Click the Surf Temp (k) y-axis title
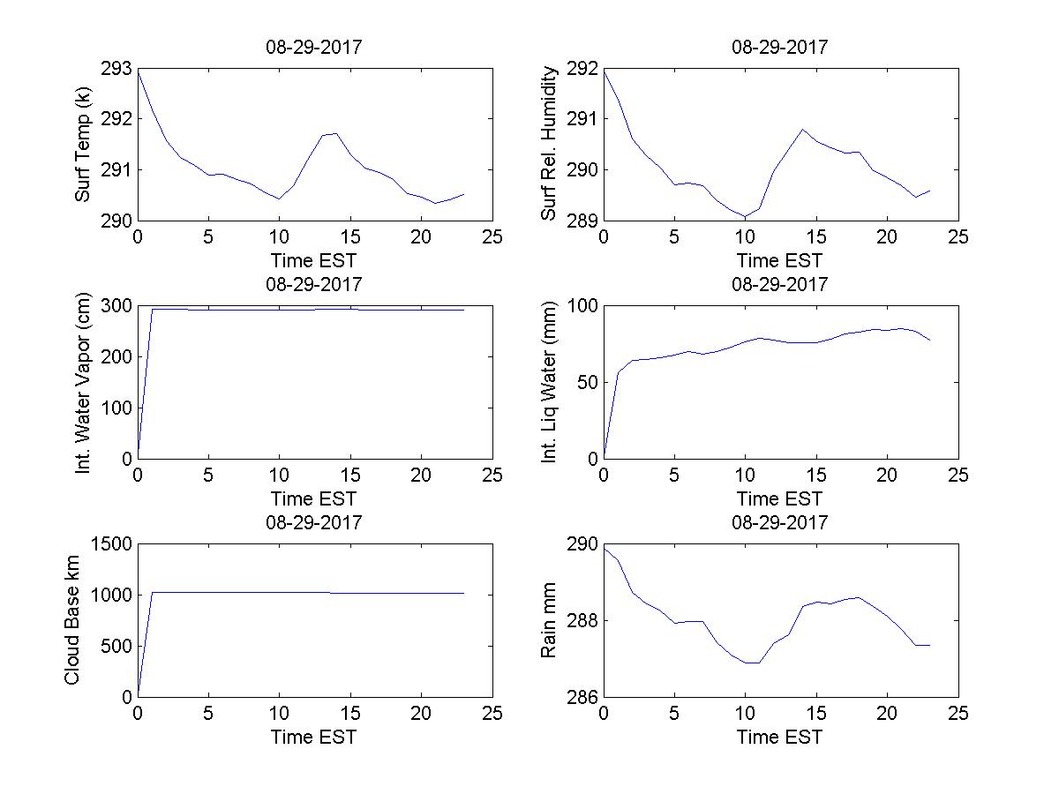tap(83, 145)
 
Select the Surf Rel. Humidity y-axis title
tap(550, 145)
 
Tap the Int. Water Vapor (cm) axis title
tap(83, 382)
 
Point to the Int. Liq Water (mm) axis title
tap(550, 382)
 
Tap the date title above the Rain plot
tap(780, 522)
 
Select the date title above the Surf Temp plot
tap(314, 47)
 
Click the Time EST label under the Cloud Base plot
tap(314, 737)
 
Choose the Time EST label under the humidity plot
tap(780, 260)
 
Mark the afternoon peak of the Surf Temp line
tap(335, 133)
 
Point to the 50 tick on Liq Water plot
tap(586, 383)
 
